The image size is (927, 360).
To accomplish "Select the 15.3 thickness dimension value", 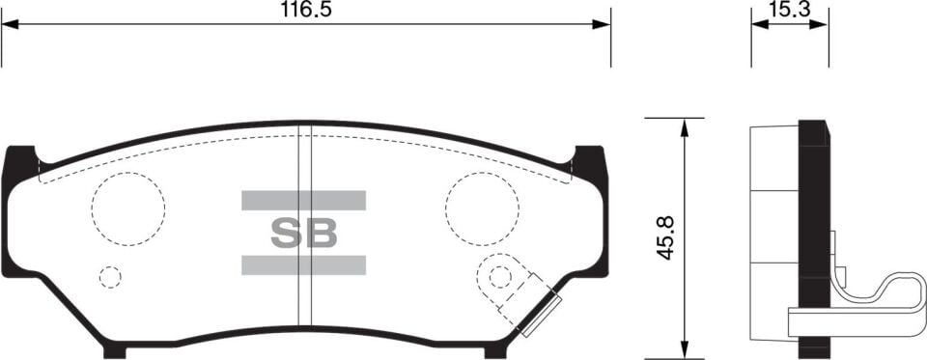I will pyautogui.click(x=789, y=10).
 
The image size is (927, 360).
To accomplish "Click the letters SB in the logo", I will pyautogui.click(x=303, y=233).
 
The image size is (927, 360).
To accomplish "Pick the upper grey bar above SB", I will pyautogui.click(x=303, y=201).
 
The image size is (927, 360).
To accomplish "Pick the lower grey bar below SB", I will pyautogui.click(x=303, y=264).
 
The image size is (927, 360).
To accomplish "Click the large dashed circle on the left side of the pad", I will pyautogui.click(x=127, y=209).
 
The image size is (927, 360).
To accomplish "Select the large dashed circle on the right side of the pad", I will pyautogui.click(x=482, y=209).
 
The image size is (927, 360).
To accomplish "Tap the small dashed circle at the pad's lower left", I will pyautogui.click(x=111, y=278).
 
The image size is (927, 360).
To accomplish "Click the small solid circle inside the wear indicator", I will pyautogui.click(x=499, y=277).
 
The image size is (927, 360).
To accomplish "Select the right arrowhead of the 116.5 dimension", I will pyautogui.click(x=604, y=24).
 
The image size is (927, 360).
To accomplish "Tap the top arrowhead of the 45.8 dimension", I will pyautogui.click(x=684, y=125).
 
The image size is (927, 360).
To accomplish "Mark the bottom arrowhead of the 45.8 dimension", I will pyautogui.click(x=684, y=351).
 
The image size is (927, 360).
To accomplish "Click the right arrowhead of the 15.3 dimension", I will pyautogui.click(x=822, y=24).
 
